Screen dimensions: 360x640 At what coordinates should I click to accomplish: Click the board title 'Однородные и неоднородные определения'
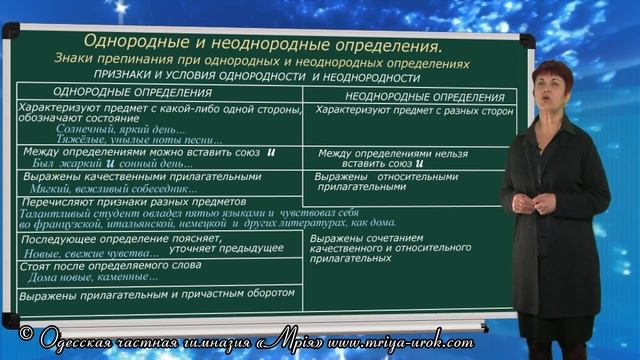261,45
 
